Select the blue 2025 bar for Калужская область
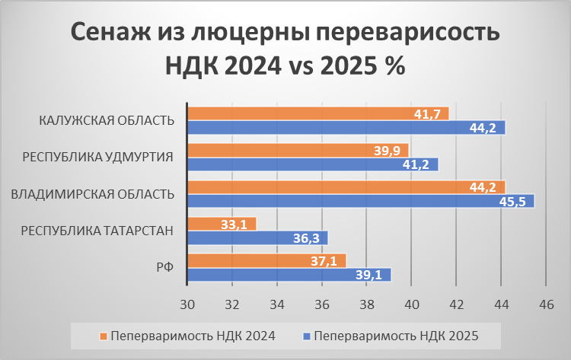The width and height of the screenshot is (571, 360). click(346, 127)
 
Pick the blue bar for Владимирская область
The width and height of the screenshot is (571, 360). click(361, 201)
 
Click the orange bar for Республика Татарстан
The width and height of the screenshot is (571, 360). click(222, 224)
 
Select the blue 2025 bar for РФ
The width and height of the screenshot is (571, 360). click(289, 275)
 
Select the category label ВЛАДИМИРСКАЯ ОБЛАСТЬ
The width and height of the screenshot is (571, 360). click(92, 194)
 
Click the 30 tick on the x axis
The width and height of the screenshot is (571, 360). click(187, 304)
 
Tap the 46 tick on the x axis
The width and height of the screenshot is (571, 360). click(545, 304)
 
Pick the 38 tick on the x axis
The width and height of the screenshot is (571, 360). click(366, 304)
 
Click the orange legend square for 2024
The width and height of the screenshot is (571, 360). click(103, 335)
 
